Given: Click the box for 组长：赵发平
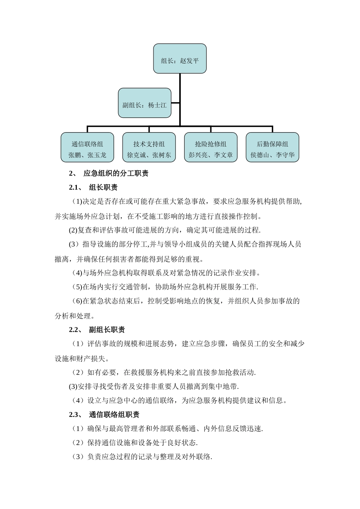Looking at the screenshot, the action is click(180, 59).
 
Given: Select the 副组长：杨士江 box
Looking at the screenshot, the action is click(144, 103).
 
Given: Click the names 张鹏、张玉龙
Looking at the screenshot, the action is click(87, 155).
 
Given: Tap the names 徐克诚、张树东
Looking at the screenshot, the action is click(149, 155).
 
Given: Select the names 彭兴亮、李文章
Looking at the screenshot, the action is click(211, 155).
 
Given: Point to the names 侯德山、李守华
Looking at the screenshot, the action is click(272, 155).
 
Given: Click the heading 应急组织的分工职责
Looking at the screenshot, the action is click(116, 173).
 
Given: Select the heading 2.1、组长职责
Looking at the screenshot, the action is click(93, 187).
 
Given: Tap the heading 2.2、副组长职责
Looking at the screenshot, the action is click(97, 329).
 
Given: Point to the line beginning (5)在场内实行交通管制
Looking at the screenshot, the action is click(165, 287).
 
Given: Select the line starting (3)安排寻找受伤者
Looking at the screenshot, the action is click(154, 386).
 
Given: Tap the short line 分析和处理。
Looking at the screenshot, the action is click(75, 315).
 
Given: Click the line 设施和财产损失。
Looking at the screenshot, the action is click(82, 358).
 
